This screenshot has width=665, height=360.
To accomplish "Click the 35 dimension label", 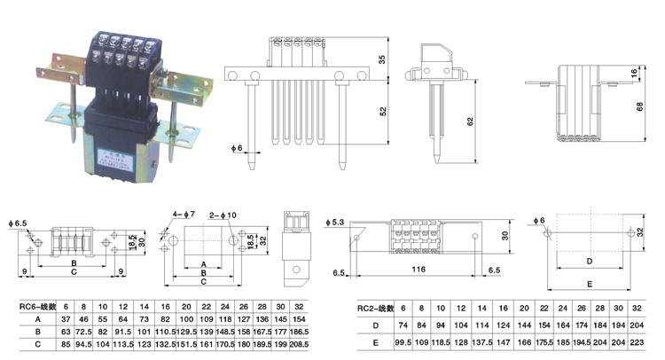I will pos(381,59).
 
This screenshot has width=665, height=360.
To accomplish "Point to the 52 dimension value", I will pos(381,113).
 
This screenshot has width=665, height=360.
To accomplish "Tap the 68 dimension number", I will pos(639,106).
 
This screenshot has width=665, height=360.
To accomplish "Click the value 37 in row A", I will pos(65,317).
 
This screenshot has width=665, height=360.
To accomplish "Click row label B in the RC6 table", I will pos(36,330).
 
